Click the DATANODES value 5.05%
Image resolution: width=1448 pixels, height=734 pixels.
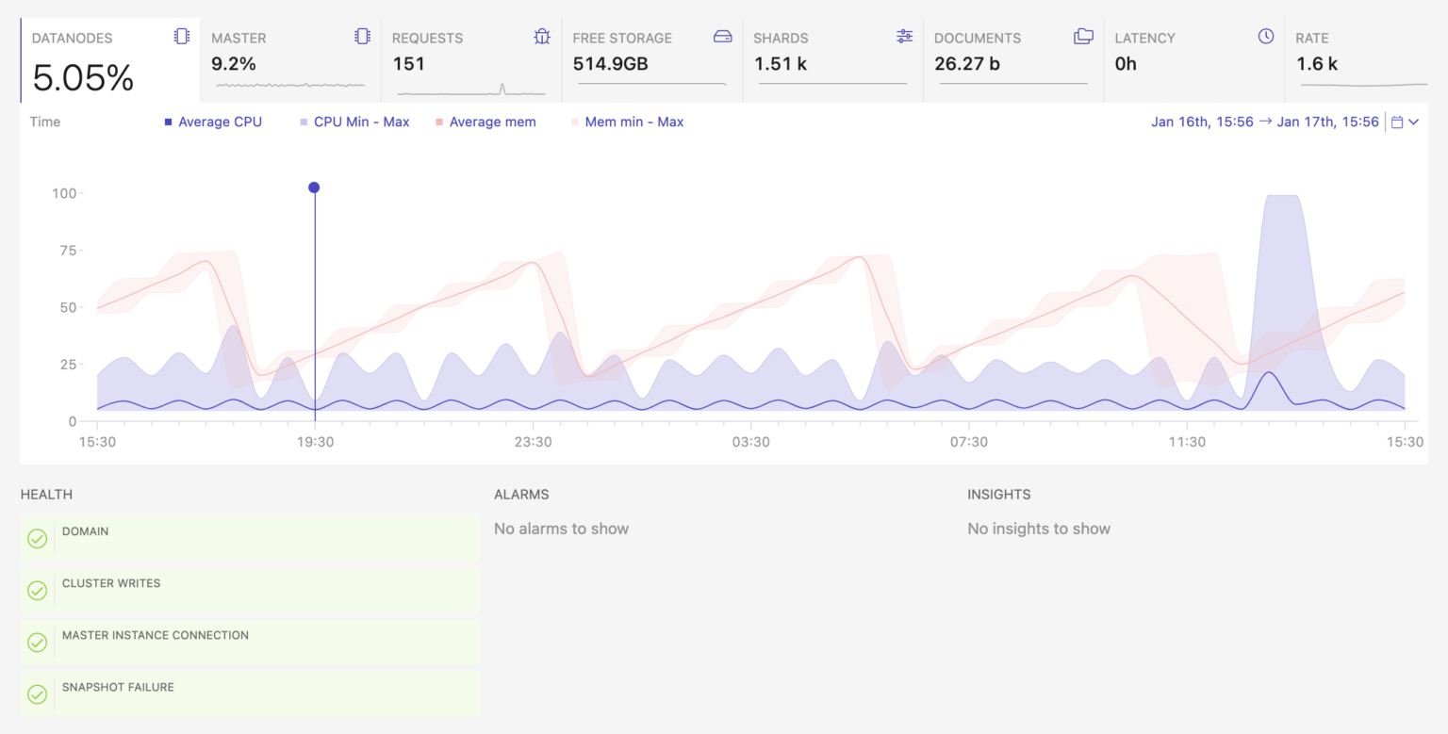tap(83, 78)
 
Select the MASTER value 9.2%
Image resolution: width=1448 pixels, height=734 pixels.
tap(234, 64)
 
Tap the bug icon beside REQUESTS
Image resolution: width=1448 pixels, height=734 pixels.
tap(542, 37)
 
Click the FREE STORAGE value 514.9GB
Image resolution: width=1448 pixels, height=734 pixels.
tap(610, 64)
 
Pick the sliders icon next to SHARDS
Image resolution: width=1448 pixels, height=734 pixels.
tap(904, 37)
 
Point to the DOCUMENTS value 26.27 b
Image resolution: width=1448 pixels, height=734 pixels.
tap(967, 64)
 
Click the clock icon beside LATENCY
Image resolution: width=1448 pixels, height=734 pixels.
tap(1266, 37)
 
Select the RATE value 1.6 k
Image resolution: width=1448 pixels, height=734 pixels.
tap(1317, 64)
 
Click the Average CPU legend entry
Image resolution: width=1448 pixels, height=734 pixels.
tap(213, 122)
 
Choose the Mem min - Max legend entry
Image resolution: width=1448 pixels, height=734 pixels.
tap(627, 122)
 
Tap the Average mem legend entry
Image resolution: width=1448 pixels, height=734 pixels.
tap(486, 122)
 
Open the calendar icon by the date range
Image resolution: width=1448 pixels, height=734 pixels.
tap(1397, 122)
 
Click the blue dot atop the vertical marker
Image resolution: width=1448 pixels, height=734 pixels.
tap(314, 188)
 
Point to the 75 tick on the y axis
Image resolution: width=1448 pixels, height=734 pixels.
tap(68, 251)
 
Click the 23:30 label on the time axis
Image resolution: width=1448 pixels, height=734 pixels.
tap(534, 442)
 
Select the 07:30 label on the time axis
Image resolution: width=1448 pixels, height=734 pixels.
tap(969, 442)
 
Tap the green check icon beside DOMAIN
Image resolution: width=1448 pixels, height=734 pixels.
tap(38, 538)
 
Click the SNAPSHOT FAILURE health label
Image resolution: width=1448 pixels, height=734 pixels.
tap(118, 688)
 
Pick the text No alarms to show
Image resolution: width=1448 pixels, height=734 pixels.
tap(561, 529)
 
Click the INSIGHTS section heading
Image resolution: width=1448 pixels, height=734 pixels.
tap(998, 495)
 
